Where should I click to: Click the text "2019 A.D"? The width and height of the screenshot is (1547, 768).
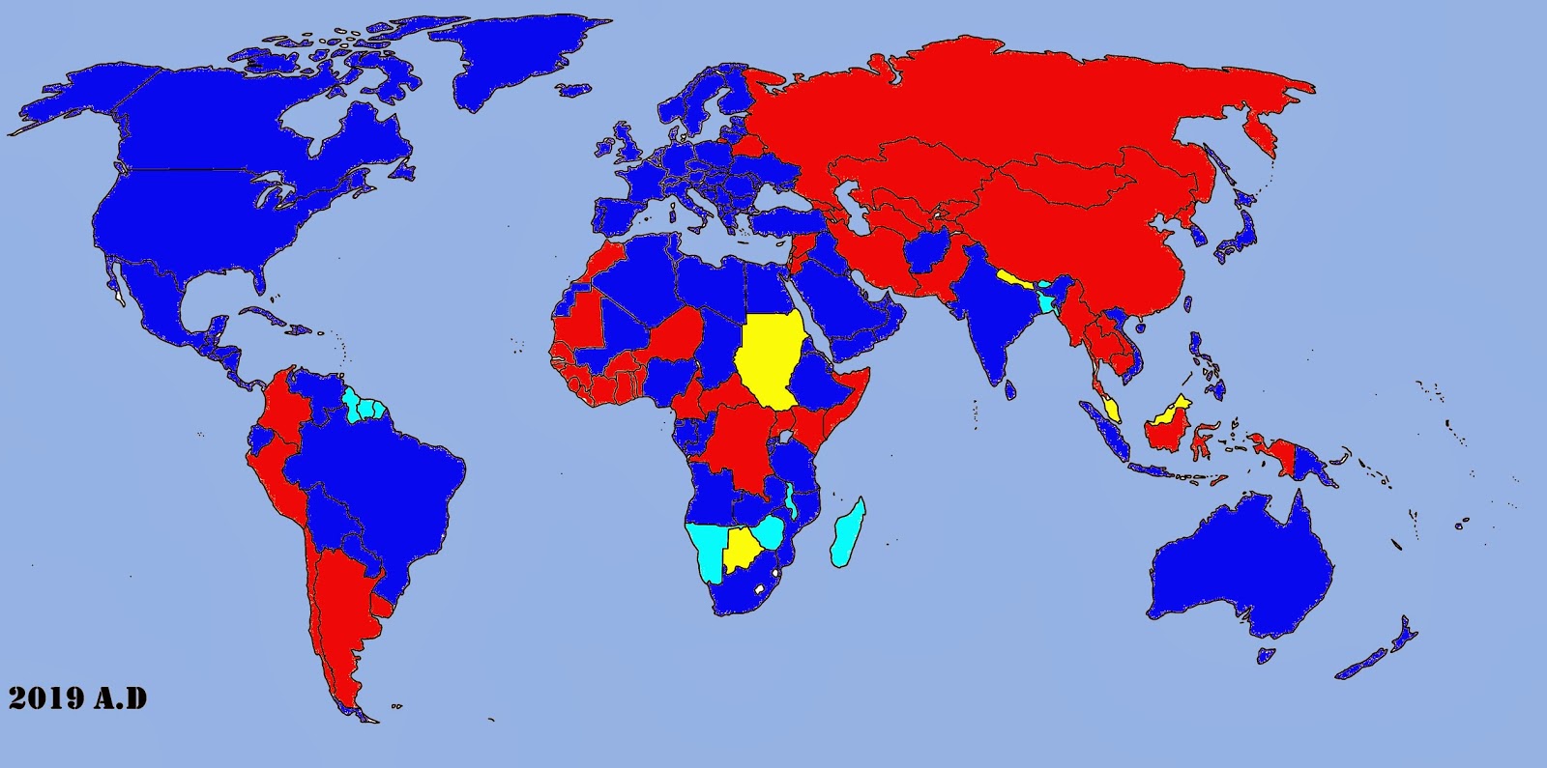78,697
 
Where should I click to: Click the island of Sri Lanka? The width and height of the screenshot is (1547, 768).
1010,388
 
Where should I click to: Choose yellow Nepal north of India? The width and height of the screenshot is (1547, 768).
1015,281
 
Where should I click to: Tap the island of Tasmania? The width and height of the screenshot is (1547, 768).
1265,655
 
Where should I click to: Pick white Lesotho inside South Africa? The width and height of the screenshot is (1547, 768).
761,588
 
